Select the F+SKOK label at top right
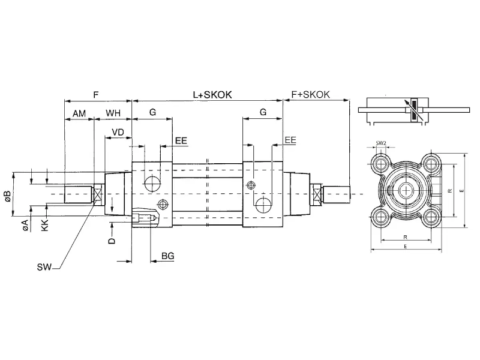tap(310, 95)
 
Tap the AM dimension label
tap(79, 113)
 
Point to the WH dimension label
tap(114, 113)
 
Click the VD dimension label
tap(118, 131)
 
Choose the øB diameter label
tap(7, 196)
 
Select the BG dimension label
tap(168, 256)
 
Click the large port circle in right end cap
tap(262, 205)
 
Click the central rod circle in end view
tap(406, 190)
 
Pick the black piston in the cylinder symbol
tap(413, 111)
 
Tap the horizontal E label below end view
tap(406, 247)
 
